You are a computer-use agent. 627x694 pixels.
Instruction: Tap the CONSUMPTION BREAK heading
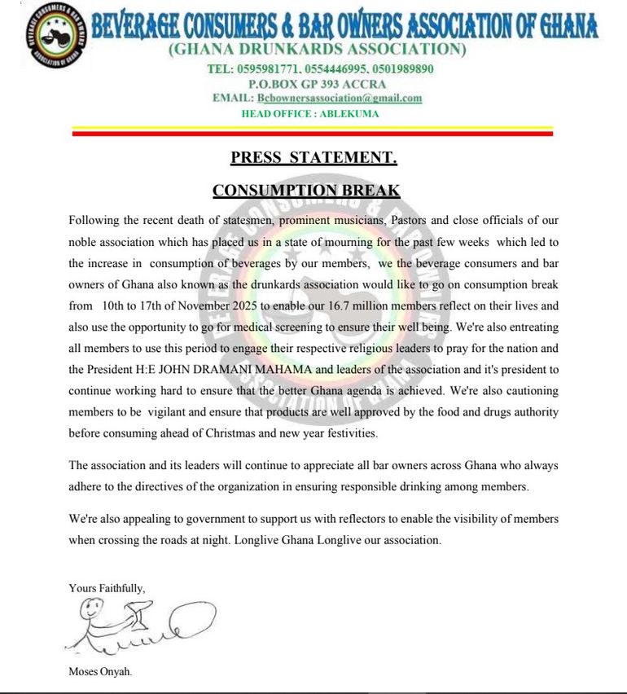[306, 191]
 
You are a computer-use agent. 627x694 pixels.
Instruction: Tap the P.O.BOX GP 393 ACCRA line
[318, 84]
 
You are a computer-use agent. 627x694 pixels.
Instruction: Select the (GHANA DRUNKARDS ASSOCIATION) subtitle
[318, 51]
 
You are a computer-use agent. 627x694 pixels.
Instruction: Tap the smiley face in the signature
[95, 608]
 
